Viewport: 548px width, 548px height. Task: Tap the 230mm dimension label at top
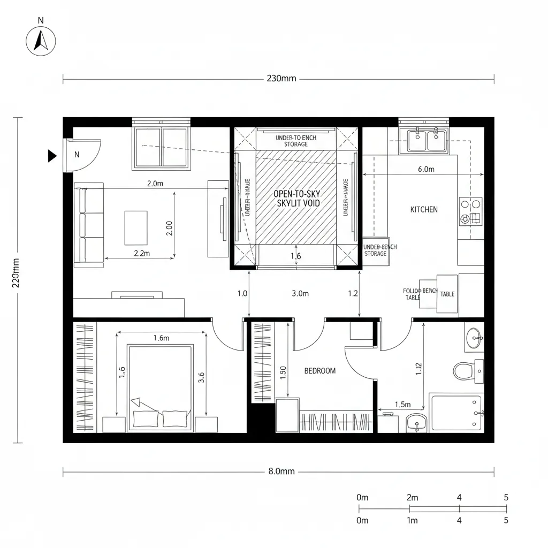(281, 79)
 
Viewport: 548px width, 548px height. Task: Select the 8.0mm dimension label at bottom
(281, 471)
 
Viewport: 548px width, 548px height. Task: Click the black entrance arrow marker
(52, 156)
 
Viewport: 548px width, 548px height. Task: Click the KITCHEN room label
(424, 209)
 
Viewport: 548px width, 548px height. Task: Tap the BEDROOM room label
(320, 370)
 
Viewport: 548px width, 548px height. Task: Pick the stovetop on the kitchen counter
(470, 211)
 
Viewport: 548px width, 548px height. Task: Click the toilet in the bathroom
(465, 370)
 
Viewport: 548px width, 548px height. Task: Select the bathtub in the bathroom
(456, 411)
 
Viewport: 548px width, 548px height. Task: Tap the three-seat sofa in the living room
(89, 225)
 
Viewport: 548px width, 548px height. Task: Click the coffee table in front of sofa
(136, 227)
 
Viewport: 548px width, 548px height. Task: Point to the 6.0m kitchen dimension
(425, 170)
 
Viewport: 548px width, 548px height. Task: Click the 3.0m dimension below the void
(300, 293)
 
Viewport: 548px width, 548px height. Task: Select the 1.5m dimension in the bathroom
(402, 405)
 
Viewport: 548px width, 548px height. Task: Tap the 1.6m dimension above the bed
(161, 338)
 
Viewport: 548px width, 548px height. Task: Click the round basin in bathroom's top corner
(474, 338)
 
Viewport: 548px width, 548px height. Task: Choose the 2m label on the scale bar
(413, 498)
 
